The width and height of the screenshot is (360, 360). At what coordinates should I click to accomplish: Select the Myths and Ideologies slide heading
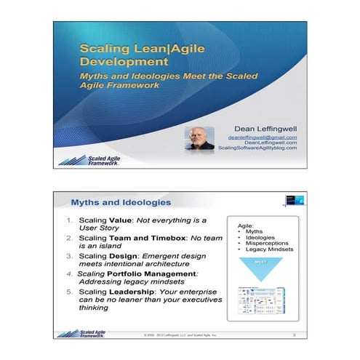[x=121, y=201]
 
